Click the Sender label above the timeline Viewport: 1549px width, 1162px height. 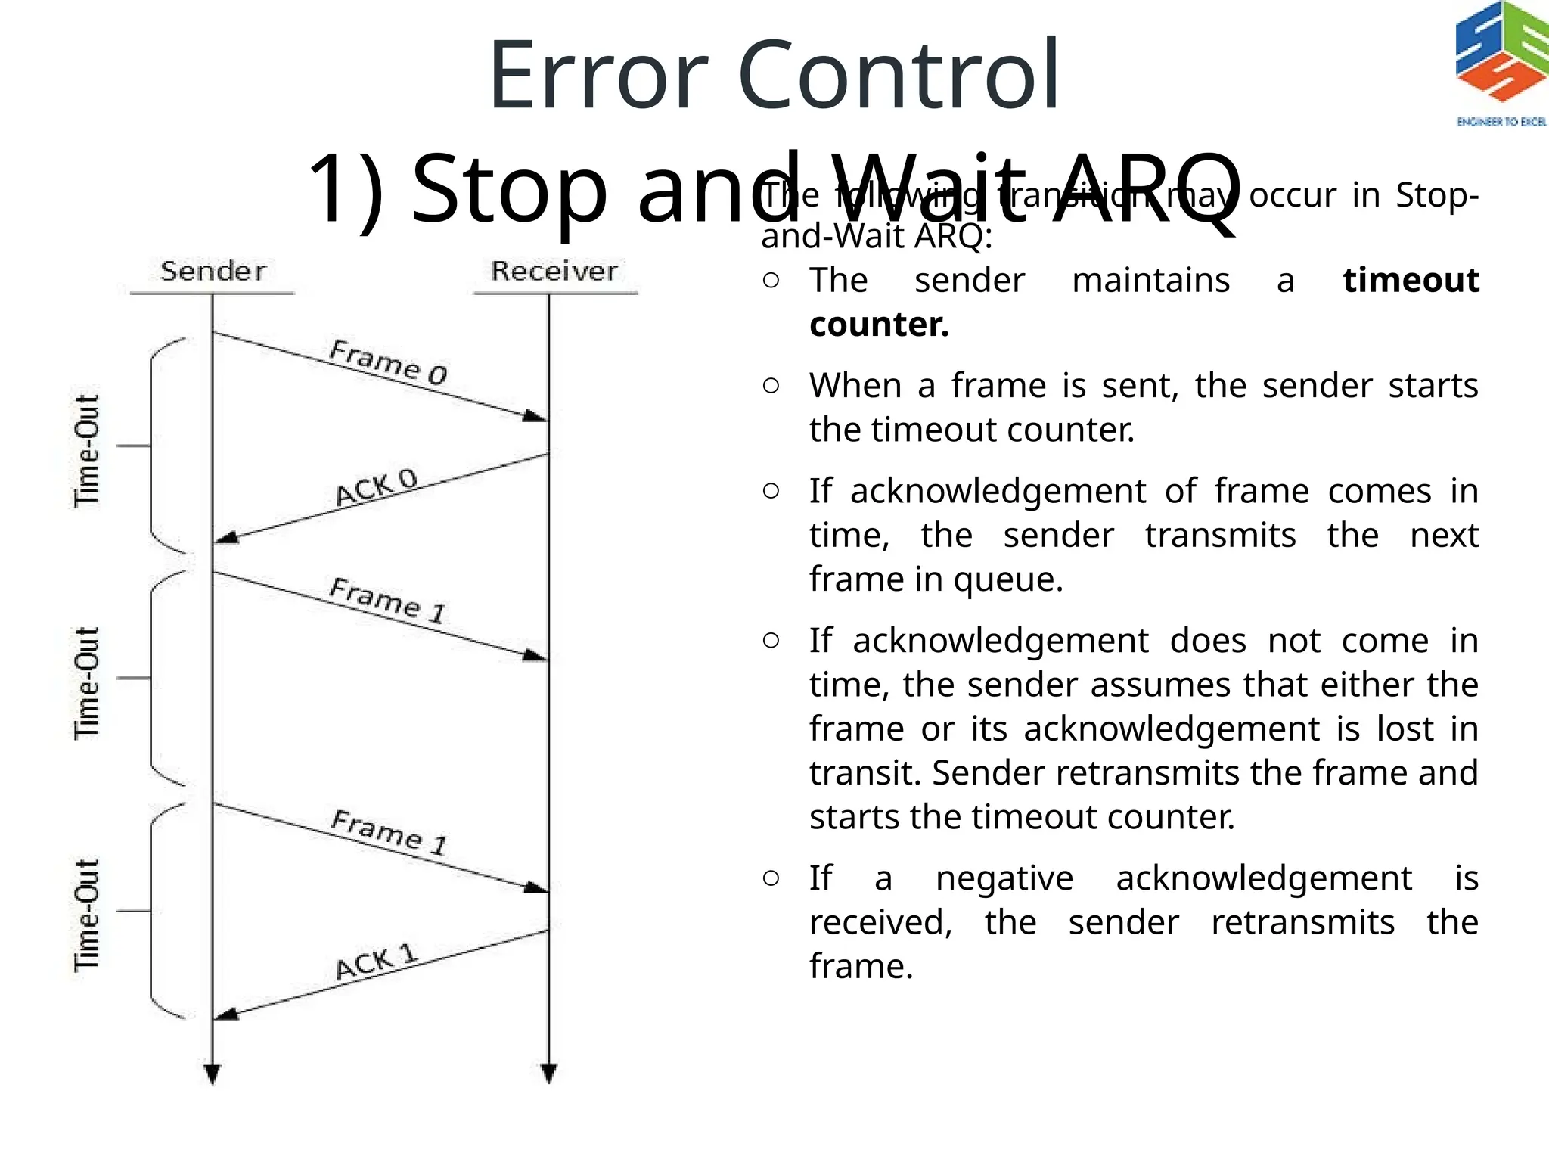(213, 271)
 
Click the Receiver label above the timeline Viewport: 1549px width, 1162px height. (554, 271)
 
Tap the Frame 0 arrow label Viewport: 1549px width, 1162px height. (389, 362)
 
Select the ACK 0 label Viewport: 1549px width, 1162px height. (376, 488)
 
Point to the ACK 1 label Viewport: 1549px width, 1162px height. (376, 962)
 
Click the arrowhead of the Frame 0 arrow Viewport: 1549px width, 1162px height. (536, 415)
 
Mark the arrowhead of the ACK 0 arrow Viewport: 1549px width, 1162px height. (226, 538)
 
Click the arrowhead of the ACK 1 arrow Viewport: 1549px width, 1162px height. (226, 1014)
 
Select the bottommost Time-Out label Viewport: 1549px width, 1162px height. (87, 915)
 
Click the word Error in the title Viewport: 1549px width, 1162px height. (598, 76)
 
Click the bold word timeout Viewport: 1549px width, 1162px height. (1411, 280)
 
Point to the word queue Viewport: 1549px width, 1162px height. (1007, 579)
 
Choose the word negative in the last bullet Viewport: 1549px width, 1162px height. (1004, 878)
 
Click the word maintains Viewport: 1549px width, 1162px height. (1150, 280)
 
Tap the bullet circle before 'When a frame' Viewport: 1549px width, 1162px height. (771, 386)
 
